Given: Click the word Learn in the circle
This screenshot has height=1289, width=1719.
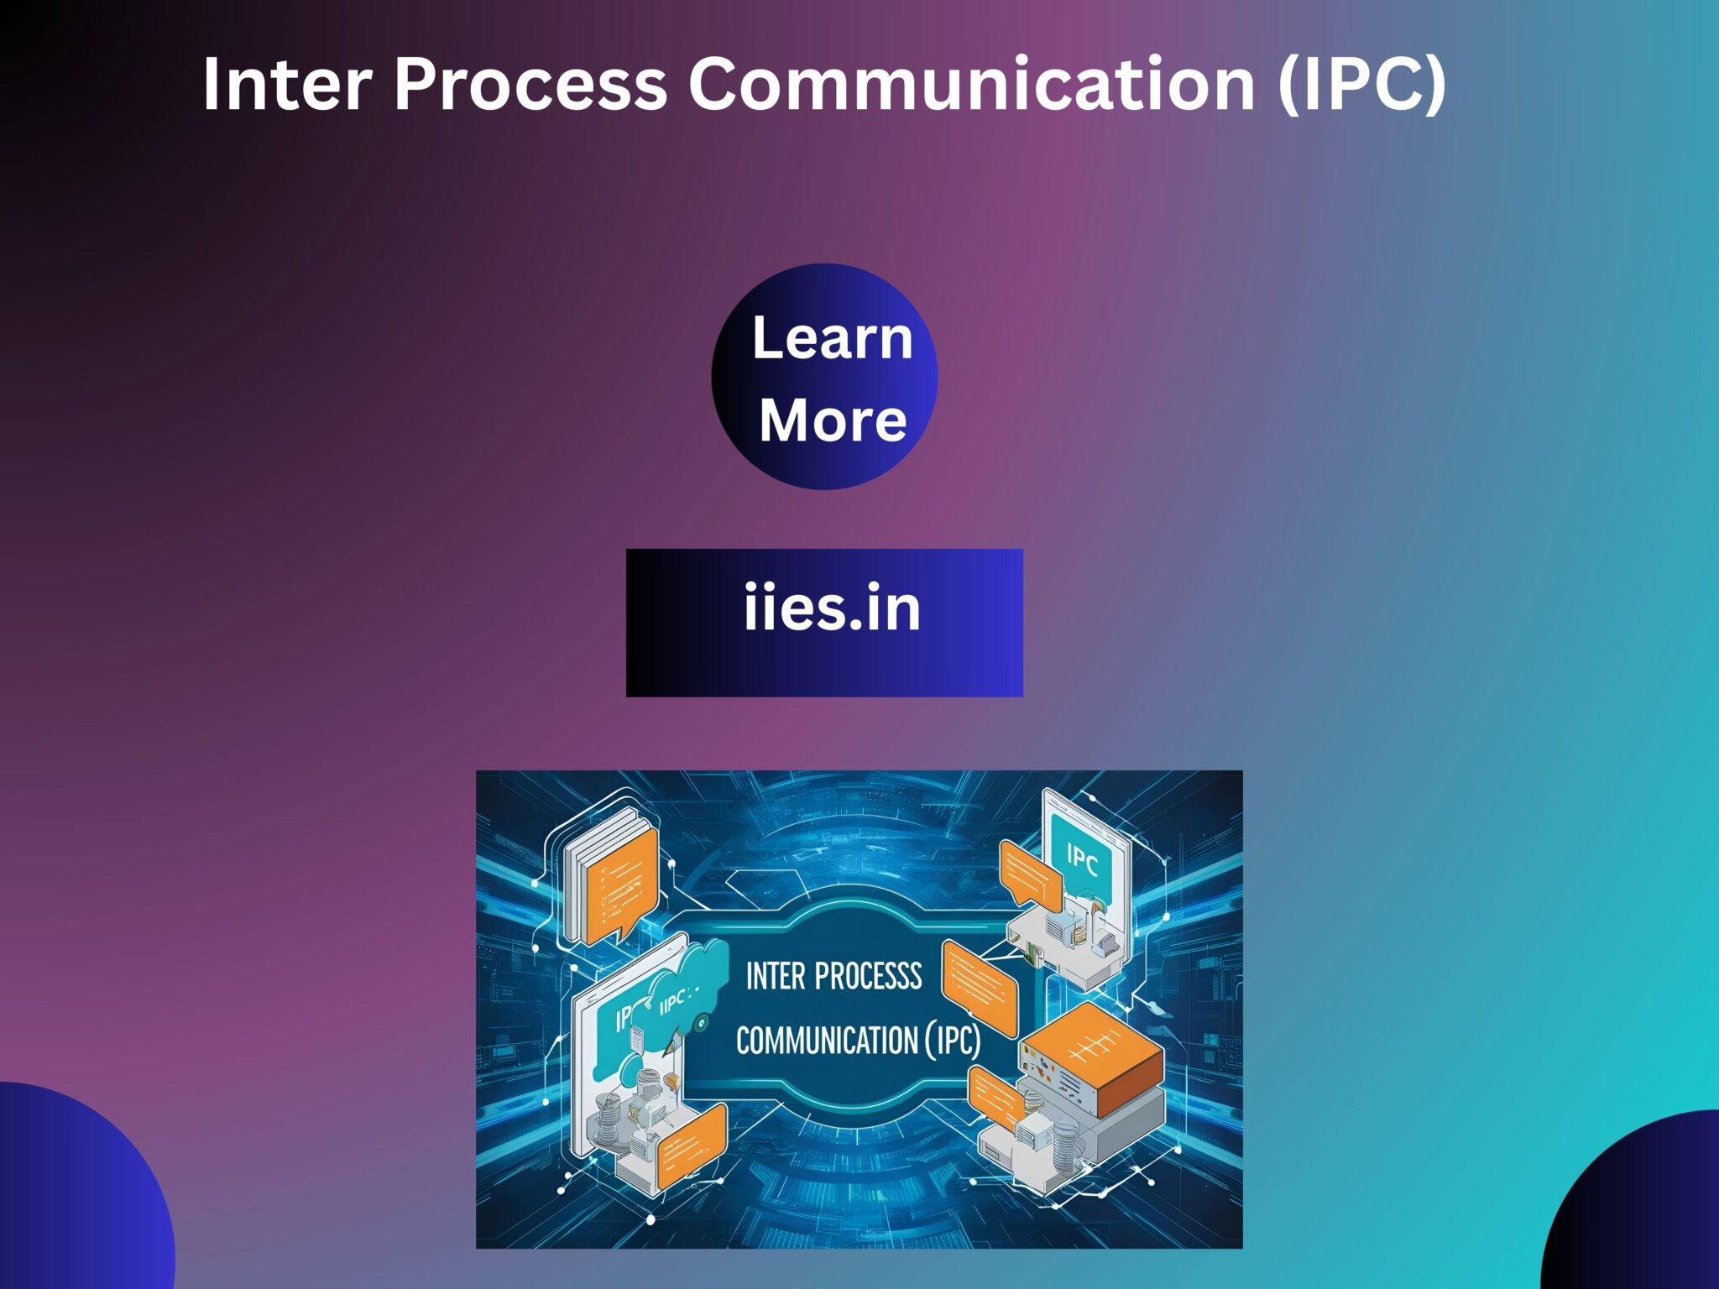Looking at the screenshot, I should click(832, 338).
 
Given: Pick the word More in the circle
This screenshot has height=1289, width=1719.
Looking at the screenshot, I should click(832, 420).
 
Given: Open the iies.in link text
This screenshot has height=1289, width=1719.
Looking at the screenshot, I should click(832, 608).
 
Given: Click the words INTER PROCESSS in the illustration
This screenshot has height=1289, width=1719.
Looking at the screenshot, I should click(833, 976).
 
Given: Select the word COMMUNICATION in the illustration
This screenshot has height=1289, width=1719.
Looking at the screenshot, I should click(826, 1041).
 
